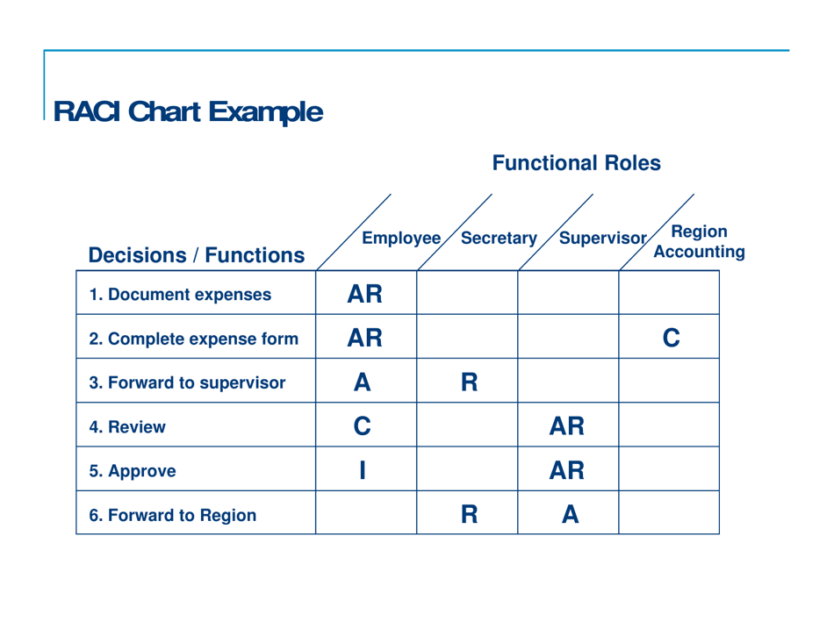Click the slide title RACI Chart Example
(188, 111)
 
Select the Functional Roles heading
(576, 163)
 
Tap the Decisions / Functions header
(197, 254)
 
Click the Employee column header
(401, 238)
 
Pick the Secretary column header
(499, 238)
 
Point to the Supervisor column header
(601, 238)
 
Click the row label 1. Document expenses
(180, 294)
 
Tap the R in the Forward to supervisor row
(467, 382)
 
